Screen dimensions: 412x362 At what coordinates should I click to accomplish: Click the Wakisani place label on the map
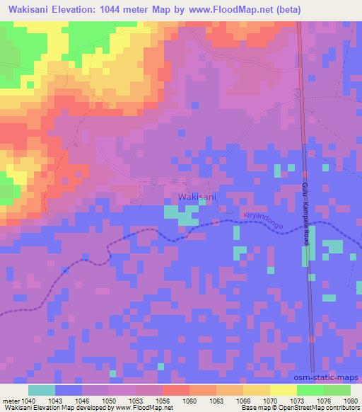[197, 196]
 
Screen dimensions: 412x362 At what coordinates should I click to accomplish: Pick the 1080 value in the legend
[351, 400]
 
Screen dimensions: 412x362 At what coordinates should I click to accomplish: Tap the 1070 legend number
[269, 400]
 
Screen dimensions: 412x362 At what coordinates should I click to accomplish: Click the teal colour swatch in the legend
[42, 390]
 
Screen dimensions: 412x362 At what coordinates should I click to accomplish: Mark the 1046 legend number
[82, 400]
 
